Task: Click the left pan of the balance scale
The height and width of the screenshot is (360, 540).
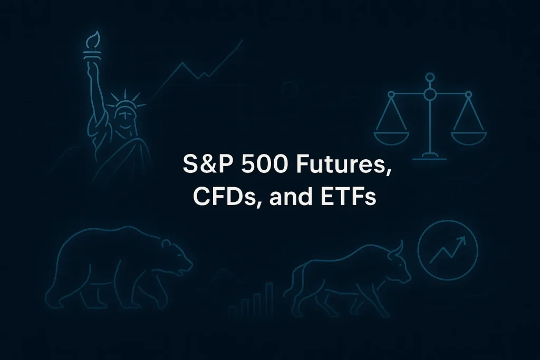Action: coord(391,136)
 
